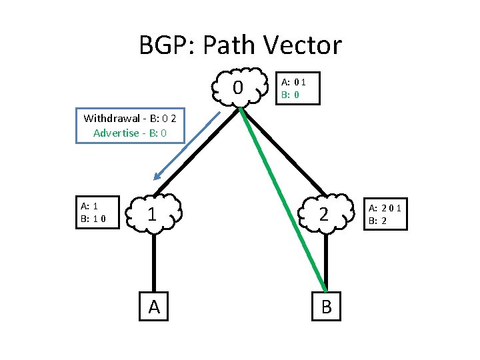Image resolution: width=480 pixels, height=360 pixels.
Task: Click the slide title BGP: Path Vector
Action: pyautogui.click(x=240, y=45)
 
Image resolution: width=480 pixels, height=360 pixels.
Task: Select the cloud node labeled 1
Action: pyautogui.click(x=153, y=214)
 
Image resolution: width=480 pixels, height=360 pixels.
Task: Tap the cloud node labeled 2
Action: pyautogui.click(x=325, y=214)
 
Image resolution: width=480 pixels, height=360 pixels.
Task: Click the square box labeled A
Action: pyautogui.click(x=154, y=306)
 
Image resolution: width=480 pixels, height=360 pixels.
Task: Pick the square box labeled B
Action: pyautogui.click(x=325, y=306)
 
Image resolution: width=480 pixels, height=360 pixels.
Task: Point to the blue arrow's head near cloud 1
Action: pyautogui.click(x=157, y=177)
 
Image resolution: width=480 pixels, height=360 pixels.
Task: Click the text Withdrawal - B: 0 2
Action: pyautogui.click(x=129, y=119)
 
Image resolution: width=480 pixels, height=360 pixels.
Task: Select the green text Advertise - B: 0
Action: pyautogui.click(x=129, y=133)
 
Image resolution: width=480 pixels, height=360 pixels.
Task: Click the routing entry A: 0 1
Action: pyautogui.click(x=293, y=82)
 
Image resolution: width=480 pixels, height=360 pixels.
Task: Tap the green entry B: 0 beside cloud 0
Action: pyautogui.click(x=290, y=95)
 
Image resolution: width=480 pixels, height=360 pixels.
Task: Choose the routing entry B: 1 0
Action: pyautogui.click(x=93, y=218)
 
